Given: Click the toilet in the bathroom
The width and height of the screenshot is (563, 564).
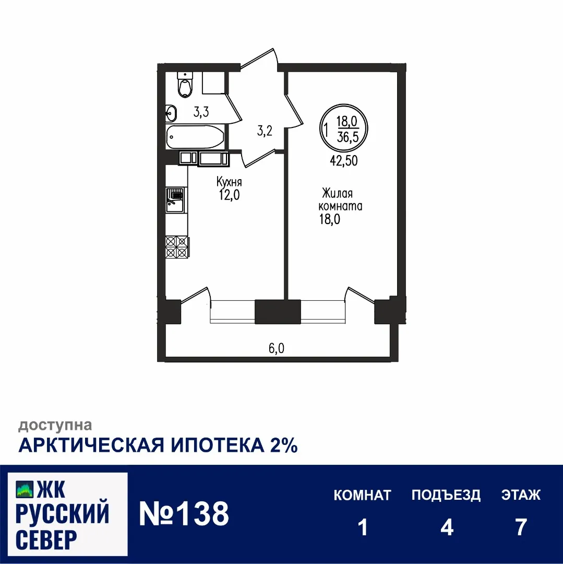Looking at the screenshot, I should click(x=185, y=86).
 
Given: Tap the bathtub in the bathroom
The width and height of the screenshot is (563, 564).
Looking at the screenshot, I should click(x=196, y=137).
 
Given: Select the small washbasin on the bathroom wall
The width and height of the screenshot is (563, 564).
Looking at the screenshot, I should click(x=172, y=112).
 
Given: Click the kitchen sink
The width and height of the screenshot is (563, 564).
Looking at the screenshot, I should click(x=175, y=199).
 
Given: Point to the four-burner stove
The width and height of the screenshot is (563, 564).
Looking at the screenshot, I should click(x=176, y=246).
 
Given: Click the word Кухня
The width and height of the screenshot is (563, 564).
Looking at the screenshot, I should click(x=229, y=182).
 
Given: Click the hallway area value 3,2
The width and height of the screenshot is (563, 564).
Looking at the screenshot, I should click(x=265, y=131).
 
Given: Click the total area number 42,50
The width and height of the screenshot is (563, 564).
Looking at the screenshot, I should click(x=343, y=161).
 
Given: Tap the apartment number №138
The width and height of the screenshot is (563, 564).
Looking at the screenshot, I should click(x=184, y=514).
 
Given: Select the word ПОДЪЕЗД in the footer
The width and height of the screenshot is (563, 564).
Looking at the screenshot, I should click(x=446, y=495).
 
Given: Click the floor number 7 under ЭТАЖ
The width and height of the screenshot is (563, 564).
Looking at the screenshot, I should click(x=520, y=527).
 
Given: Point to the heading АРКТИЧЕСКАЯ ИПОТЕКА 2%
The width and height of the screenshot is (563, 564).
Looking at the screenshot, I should click(x=158, y=445).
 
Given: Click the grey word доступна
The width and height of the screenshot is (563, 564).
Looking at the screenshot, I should click(x=55, y=426).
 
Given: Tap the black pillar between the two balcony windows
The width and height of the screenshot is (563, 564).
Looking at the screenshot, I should click(x=278, y=312).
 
